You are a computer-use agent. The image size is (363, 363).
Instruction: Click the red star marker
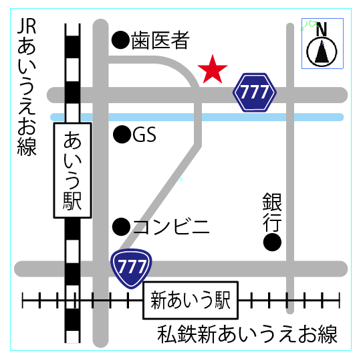213,70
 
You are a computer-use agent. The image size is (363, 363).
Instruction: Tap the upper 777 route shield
254,93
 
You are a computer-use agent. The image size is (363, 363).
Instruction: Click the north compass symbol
322,52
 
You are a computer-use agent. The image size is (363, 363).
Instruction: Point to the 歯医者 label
160,41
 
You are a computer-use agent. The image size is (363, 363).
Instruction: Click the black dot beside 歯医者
120,41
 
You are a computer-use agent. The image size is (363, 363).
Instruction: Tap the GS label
144,136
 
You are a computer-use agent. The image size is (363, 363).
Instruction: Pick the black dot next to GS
122,136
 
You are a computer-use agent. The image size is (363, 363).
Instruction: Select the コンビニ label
171,226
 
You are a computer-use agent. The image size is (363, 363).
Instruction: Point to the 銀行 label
272,210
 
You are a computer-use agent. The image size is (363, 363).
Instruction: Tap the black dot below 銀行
272,242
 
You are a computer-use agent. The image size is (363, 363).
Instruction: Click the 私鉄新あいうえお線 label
247,334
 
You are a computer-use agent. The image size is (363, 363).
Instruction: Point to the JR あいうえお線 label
27,87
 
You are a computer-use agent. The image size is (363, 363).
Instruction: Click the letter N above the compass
322,29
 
